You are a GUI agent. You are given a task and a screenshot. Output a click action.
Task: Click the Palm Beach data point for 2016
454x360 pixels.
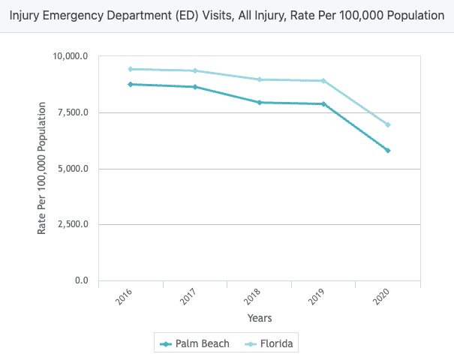[131, 84]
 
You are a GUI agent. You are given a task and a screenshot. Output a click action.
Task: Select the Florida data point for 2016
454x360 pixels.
[131, 69]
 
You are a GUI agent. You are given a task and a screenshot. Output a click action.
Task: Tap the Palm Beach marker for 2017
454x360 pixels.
[195, 87]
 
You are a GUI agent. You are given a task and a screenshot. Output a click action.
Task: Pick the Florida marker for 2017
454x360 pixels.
[195, 70]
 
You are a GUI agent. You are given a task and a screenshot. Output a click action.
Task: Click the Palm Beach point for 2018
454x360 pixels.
[260, 102]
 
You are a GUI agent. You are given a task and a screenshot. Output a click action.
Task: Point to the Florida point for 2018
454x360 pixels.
[260, 79]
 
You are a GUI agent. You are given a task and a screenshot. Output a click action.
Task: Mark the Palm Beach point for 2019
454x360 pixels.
[323, 104]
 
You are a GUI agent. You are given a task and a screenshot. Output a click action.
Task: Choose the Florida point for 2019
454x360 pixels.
[323, 81]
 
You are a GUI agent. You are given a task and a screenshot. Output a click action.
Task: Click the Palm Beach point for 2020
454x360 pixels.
[388, 151]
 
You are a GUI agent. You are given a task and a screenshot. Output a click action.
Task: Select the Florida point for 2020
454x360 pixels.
[388, 124]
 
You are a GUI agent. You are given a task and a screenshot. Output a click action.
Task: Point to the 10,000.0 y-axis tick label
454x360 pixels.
[71, 56]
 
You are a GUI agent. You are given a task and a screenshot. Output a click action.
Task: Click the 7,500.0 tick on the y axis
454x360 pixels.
[73, 112]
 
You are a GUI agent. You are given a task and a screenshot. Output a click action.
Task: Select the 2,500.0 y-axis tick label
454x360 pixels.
[73, 224]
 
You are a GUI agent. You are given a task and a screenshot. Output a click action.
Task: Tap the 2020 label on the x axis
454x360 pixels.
[382, 297]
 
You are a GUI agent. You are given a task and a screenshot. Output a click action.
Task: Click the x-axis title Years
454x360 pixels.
[260, 318]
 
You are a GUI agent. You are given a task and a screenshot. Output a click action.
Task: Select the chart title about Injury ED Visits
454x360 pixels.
[227, 15]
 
